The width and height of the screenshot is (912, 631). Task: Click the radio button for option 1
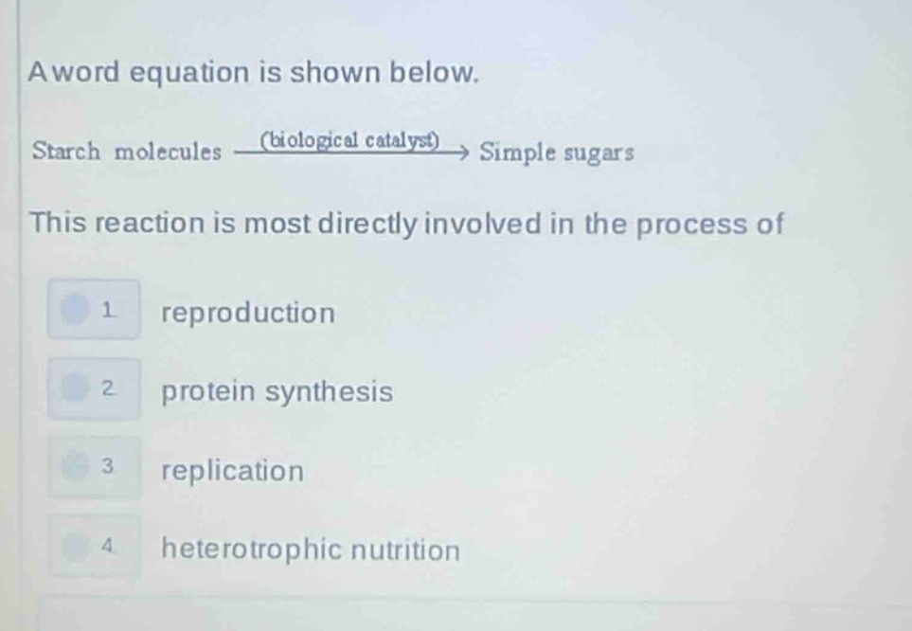75,310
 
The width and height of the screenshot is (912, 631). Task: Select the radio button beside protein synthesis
75,388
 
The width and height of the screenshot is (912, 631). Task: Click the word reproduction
248,314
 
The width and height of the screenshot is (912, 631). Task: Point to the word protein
208,391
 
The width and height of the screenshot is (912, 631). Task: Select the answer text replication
233,471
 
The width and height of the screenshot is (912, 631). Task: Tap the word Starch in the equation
65,152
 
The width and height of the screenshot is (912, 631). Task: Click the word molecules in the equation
168,152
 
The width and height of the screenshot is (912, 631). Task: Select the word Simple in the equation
518,152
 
